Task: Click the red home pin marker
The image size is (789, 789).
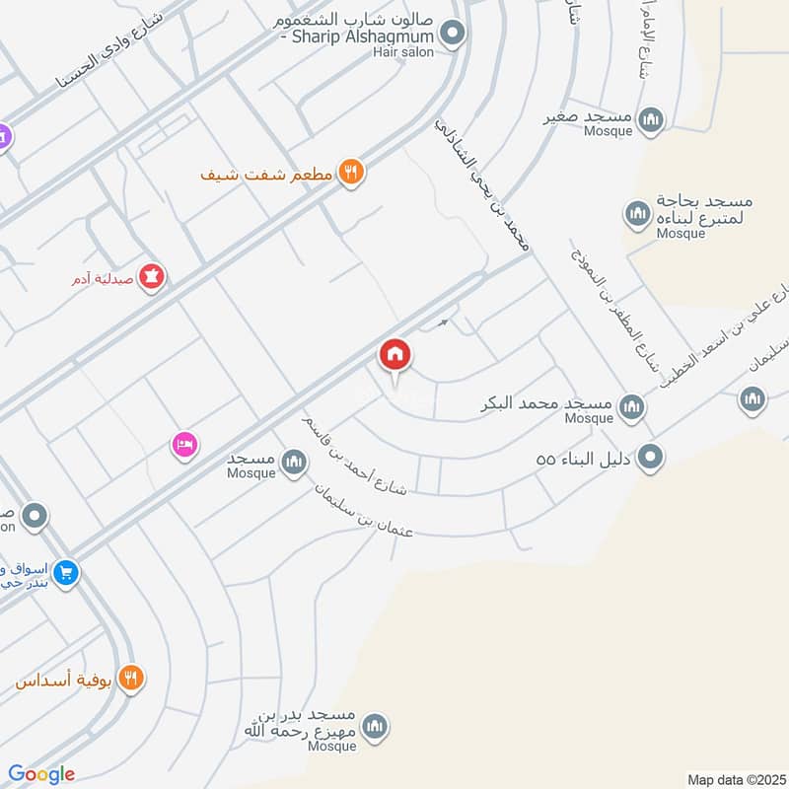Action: coord(395,354)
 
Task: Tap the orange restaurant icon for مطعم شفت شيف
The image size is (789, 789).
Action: coord(351,175)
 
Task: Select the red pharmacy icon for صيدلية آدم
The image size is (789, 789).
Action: coord(152,277)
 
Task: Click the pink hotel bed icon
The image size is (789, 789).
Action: coord(184,445)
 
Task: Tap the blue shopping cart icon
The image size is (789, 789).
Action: coord(65,572)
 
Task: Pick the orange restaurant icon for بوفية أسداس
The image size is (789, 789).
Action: coord(130,679)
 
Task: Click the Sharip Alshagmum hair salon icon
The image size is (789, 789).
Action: coord(453,36)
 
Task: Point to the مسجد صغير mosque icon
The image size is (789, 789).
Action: coord(650,120)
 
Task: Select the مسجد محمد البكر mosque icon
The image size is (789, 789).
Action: coord(631,405)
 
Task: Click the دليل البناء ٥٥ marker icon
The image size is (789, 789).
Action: coord(651,458)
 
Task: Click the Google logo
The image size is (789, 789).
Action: coord(41,774)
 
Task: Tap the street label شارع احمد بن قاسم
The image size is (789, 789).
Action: coord(355,455)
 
